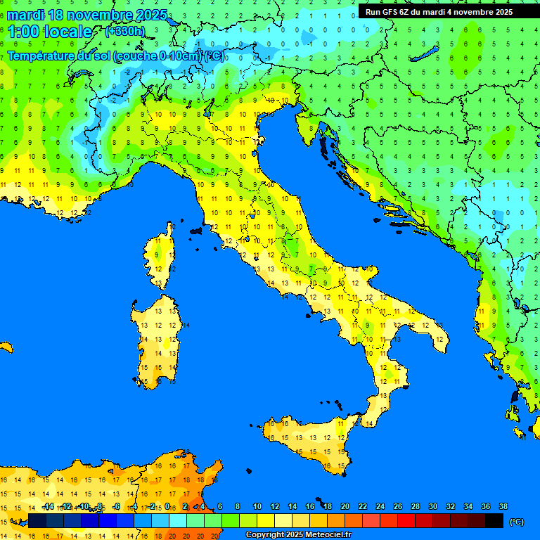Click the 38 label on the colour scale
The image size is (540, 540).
pyautogui.click(x=503, y=506)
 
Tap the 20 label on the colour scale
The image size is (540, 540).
pyautogui.click(x=345, y=506)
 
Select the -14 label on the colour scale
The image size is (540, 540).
pyautogui.click(x=48, y=506)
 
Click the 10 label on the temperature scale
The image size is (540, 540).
pyautogui.click(x=257, y=506)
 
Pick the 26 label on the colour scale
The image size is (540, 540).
pyautogui.click(x=397, y=506)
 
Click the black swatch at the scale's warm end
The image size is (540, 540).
pyautogui.click(x=494, y=520)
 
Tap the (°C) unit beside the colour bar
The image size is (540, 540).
pyautogui.click(x=516, y=522)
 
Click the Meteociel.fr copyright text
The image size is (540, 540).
pyautogui.click(x=298, y=535)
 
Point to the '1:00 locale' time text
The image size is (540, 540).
pyautogui.click(x=49, y=32)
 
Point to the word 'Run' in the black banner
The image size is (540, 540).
pyautogui.click(x=372, y=12)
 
